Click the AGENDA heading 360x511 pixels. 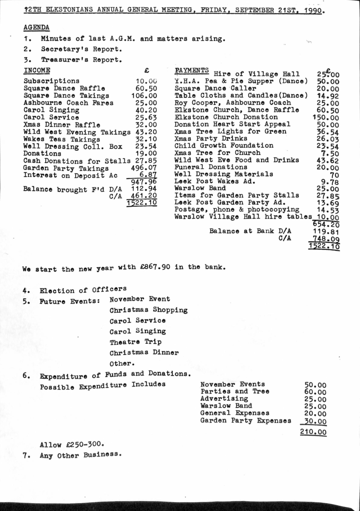pyautogui.click(x=37, y=27)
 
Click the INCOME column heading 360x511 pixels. pyautogui.click(x=37, y=71)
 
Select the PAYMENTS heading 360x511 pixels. pyautogui.click(x=191, y=70)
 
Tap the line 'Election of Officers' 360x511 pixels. pyautogui.click(x=83, y=290)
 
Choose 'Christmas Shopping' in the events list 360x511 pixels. pyautogui.click(x=148, y=310)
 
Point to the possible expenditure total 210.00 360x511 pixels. pyautogui.click(x=313, y=432)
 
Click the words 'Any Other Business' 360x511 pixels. pyautogui.click(x=81, y=455)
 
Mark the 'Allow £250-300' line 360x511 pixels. pyautogui.click(x=71, y=444)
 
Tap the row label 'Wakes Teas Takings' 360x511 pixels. pyautogui.click(x=62, y=139)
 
